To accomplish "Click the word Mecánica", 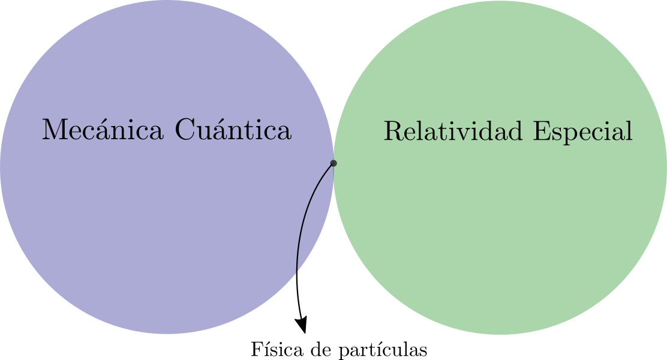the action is click(103, 129).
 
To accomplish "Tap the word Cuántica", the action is click(233, 129).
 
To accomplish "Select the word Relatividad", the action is click(453, 130).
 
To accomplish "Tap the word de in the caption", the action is click(321, 349).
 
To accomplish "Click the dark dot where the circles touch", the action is click(333, 163).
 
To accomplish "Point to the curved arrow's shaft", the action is click(301, 238).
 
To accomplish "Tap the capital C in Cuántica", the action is click(184, 130).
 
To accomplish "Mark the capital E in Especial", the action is click(542, 131).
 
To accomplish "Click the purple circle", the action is click(167, 167).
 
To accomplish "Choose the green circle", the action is click(500, 167).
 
